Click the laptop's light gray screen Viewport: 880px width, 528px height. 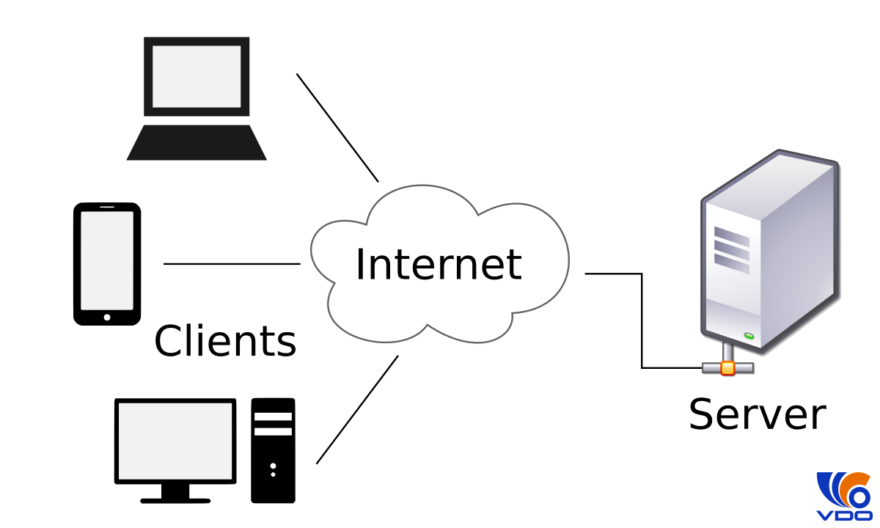click(197, 76)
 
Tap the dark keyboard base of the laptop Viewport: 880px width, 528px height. click(197, 143)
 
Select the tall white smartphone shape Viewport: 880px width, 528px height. click(107, 260)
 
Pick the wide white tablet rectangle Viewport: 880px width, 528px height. click(175, 441)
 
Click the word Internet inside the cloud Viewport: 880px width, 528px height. click(438, 265)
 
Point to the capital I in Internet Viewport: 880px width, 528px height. click(359, 265)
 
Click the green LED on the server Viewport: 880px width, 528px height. click(749, 336)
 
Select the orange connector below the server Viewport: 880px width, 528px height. click(727, 367)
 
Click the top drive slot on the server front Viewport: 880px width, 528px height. click(731, 236)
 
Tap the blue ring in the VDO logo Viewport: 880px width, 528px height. click(857, 497)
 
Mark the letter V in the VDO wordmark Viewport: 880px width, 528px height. click(825, 516)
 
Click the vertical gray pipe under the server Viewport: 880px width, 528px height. click(727, 352)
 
